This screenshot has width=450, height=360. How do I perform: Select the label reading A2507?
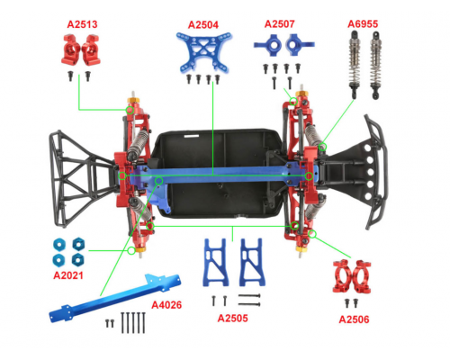pyautogui.click(x=281, y=23)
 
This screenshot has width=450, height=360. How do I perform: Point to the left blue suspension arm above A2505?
pyautogui.click(x=215, y=262)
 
